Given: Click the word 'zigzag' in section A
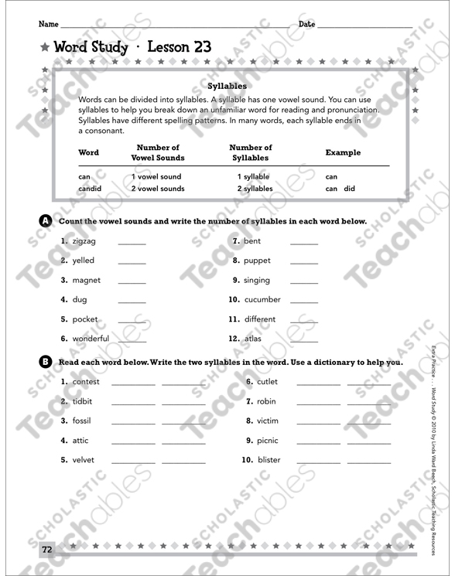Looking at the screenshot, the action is tap(84, 241).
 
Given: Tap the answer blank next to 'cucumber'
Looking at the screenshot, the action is tap(303, 302).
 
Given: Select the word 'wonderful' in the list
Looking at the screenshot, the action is tap(91, 339).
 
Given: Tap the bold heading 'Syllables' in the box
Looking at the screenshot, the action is tap(227, 87).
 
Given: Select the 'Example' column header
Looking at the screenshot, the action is tap(343, 152).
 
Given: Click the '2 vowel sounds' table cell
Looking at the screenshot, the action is tap(158, 189).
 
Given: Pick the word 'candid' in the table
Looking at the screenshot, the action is tap(90, 189).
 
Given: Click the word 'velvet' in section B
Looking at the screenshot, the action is tap(84, 460).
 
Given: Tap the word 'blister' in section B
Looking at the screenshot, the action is tap(270, 460).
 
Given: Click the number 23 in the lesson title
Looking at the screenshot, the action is tap(197, 46).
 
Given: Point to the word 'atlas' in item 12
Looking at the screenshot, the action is tap(253, 339).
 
